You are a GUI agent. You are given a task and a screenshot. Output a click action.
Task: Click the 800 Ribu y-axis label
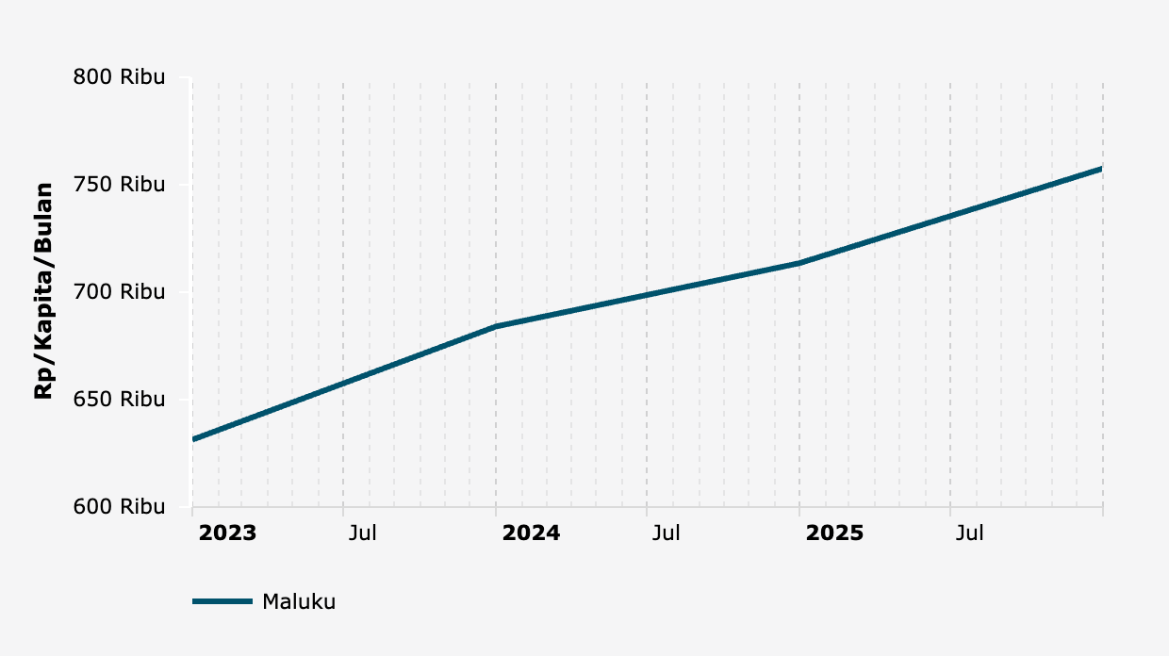pyautogui.click(x=119, y=77)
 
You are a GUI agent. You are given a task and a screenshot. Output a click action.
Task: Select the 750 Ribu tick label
pyautogui.click(x=119, y=185)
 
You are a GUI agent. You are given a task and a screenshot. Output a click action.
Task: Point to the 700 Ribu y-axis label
pyautogui.click(x=119, y=292)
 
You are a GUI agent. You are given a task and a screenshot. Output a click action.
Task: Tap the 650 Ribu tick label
pyautogui.click(x=119, y=400)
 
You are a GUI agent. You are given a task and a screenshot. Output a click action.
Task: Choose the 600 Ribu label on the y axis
pyautogui.click(x=119, y=507)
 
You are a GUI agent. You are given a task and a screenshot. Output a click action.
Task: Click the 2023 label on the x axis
pyautogui.click(x=227, y=533)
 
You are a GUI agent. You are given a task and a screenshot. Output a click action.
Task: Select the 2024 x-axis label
pyautogui.click(x=532, y=533)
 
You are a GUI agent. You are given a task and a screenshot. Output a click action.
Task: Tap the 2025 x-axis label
pyautogui.click(x=835, y=533)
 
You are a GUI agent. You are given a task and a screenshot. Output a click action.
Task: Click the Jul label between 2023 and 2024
pyautogui.click(x=363, y=533)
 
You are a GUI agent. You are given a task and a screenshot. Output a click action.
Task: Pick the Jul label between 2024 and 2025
pyautogui.click(x=667, y=533)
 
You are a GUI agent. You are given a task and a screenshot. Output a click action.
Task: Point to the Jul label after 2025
pyautogui.click(x=970, y=533)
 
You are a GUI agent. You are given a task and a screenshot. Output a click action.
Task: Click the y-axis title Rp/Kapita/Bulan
pyautogui.click(x=43, y=291)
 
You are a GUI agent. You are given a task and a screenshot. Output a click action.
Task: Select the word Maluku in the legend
pyautogui.click(x=299, y=601)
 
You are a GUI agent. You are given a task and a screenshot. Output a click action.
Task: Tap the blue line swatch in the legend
pyautogui.click(x=222, y=601)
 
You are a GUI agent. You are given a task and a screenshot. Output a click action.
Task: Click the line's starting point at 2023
pyautogui.click(x=193, y=439)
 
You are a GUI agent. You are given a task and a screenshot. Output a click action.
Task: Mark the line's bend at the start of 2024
pyautogui.click(x=496, y=326)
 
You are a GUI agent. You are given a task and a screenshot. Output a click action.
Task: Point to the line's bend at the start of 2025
pyautogui.click(x=799, y=263)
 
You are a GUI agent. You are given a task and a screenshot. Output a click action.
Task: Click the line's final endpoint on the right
pyautogui.click(x=1102, y=169)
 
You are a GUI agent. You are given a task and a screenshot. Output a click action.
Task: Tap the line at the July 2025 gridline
pyautogui.click(x=950, y=216)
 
